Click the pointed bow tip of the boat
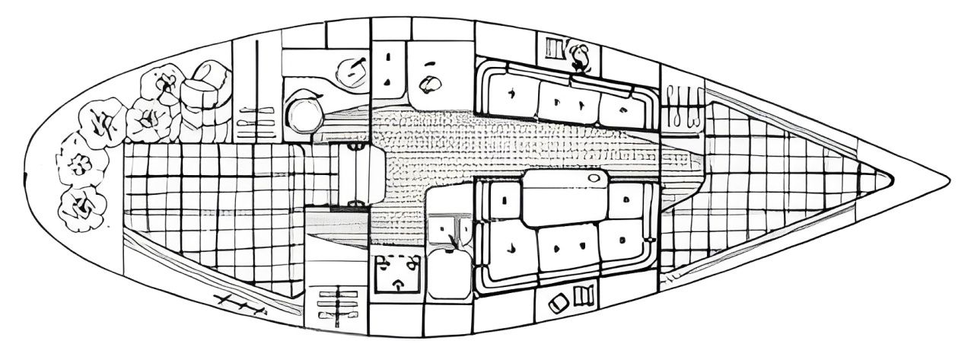pyautogui.click(x=948, y=180)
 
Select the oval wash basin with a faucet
pyautogui.click(x=351, y=73)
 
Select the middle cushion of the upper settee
pyautogui.click(x=567, y=101)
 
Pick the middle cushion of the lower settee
pyautogui.click(x=567, y=247)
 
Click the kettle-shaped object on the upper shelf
pyautogui.click(x=581, y=56)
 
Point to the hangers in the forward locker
pyautogui.click(x=683, y=107)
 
